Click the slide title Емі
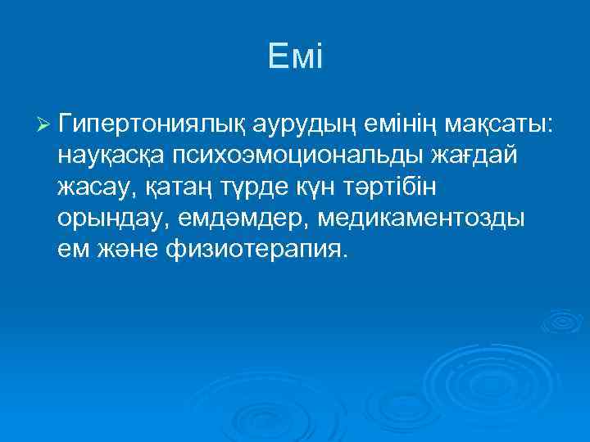(x=296, y=57)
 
